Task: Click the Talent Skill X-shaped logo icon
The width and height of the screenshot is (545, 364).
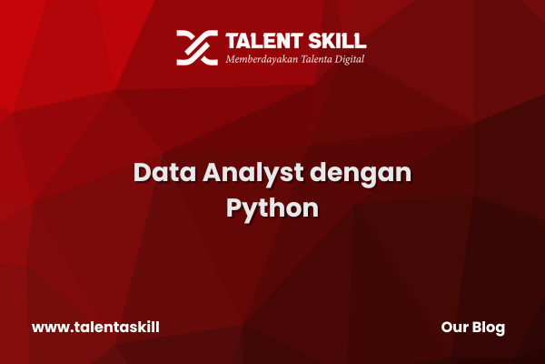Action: click(x=197, y=47)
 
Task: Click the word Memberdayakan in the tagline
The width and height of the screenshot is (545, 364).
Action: click(x=262, y=59)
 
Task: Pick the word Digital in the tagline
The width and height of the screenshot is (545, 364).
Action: click(x=350, y=59)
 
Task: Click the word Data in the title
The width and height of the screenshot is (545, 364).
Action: click(x=164, y=172)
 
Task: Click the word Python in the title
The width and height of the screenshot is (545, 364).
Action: click(x=272, y=209)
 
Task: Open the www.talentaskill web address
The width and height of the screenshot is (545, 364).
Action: click(x=95, y=327)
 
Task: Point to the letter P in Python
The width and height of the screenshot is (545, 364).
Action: click(x=234, y=207)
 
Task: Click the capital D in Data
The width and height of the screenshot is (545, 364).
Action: click(x=143, y=172)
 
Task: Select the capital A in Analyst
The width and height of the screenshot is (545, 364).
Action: click(x=213, y=172)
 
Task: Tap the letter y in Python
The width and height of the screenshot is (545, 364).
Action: click(x=253, y=212)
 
